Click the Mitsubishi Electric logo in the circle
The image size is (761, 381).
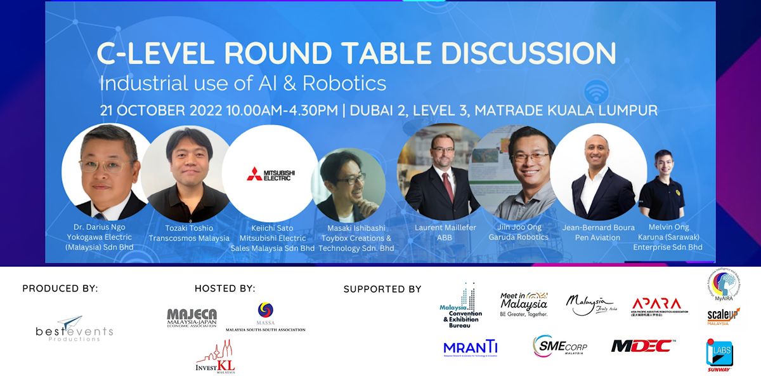coord(271,174)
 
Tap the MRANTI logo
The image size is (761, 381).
coord(470,347)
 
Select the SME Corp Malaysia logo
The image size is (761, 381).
coord(560,345)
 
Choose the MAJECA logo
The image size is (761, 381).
coord(192,317)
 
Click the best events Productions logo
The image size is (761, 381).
coord(74,330)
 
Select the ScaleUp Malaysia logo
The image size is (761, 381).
coord(723,316)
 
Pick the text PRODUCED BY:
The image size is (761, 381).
coord(60,288)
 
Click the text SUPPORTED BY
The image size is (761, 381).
coord(382,289)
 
